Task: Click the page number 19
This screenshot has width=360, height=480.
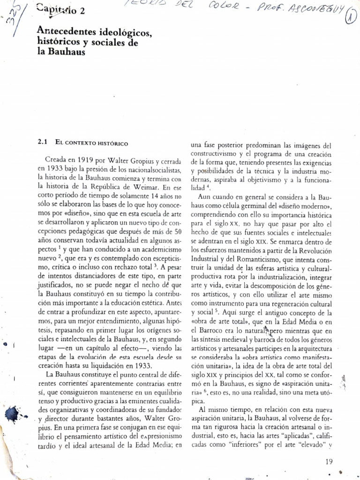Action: (329, 461)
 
